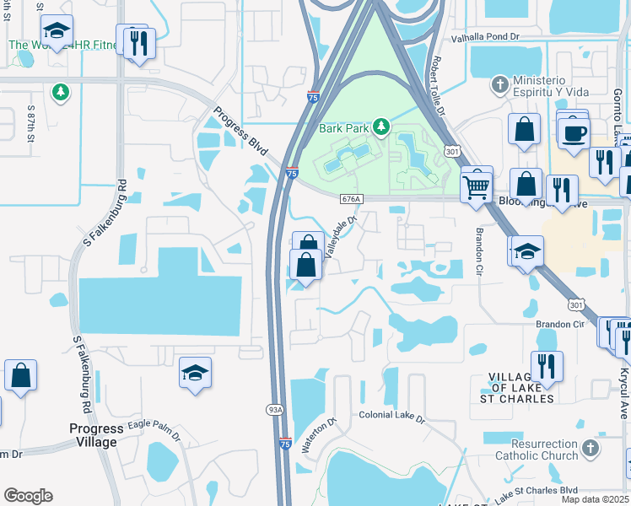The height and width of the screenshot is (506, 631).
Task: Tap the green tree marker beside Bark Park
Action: (381, 127)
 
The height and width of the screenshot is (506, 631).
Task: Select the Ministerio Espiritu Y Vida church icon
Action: (499, 84)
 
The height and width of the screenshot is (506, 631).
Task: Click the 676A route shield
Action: (352, 199)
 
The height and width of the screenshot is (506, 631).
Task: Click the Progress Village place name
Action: (96, 435)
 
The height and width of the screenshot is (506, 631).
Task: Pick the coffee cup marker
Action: (574, 132)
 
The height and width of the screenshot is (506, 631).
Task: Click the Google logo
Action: (28, 496)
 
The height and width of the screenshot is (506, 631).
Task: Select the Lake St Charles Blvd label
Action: (535, 492)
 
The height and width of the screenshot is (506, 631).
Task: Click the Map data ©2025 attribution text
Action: (595, 499)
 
